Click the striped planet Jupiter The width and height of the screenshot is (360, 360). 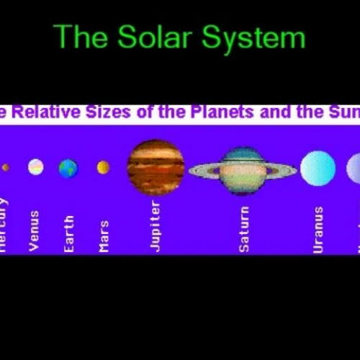click(x=156, y=168)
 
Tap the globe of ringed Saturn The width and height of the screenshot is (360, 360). click(x=243, y=170)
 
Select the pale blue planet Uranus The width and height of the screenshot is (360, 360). click(x=318, y=168)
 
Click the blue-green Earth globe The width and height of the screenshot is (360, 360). click(x=68, y=168)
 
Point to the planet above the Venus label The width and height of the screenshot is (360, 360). click(x=35, y=167)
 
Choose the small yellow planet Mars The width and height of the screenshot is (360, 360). click(x=103, y=168)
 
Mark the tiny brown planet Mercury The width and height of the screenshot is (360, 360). click(x=6, y=167)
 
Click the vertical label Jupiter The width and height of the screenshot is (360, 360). click(x=156, y=226)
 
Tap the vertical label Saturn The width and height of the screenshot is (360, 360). click(x=244, y=229)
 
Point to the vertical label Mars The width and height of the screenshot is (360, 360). click(x=104, y=236)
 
